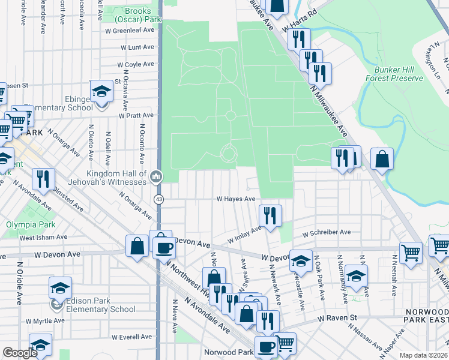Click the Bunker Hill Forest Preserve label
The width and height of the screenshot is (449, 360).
[x=394, y=74]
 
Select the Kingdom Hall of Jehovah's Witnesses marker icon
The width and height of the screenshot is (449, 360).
[x=156, y=176]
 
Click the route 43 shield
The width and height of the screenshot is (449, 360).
[x=158, y=199]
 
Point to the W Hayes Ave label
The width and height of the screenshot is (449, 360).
[x=236, y=199]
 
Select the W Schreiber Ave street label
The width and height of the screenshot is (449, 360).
[x=327, y=232]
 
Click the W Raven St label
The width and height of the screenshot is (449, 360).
[x=337, y=317]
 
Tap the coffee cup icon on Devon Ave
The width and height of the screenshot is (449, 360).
[x=164, y=247]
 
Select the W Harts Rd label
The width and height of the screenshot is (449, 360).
[x=301, y=21]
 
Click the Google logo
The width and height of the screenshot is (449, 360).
[x=20, y=353]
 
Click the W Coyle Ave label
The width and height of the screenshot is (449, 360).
[x=136, y=64]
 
